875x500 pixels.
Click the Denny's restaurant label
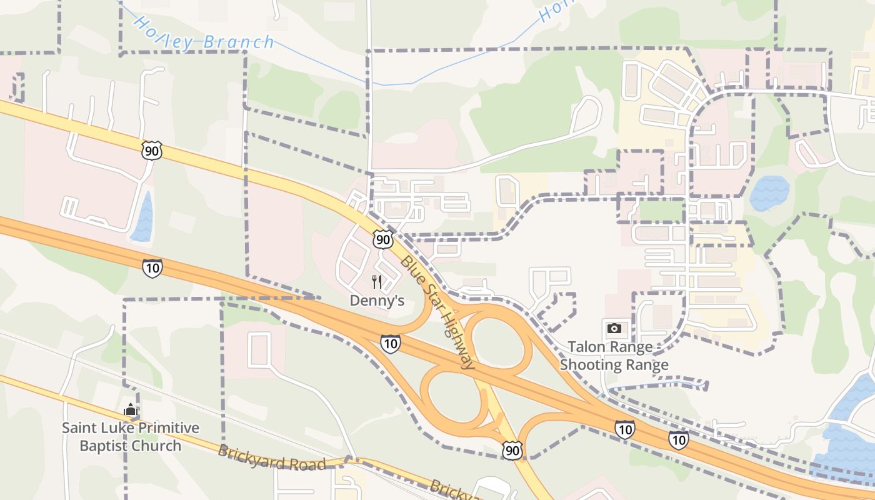click(x=377, y=301)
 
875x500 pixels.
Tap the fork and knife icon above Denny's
click(x=377, y=282)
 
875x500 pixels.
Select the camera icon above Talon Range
click(x=614, y=328)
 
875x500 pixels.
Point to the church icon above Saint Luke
click(x=131, y=410)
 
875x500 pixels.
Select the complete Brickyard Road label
click(x=272, y=458)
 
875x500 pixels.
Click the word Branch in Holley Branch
click(x=239, y=42)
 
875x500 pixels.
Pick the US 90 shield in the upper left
click(x=151, y=150)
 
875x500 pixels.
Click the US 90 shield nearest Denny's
click(x=383, y=239)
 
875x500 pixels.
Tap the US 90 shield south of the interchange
click(x=512, y=450)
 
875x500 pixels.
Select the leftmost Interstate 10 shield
click(x=152, y=268)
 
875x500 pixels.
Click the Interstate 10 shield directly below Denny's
click(x=390, y=343)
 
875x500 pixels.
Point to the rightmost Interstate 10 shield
click(x=678, y=440)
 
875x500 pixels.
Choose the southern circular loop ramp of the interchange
click(x=453, y=398)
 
